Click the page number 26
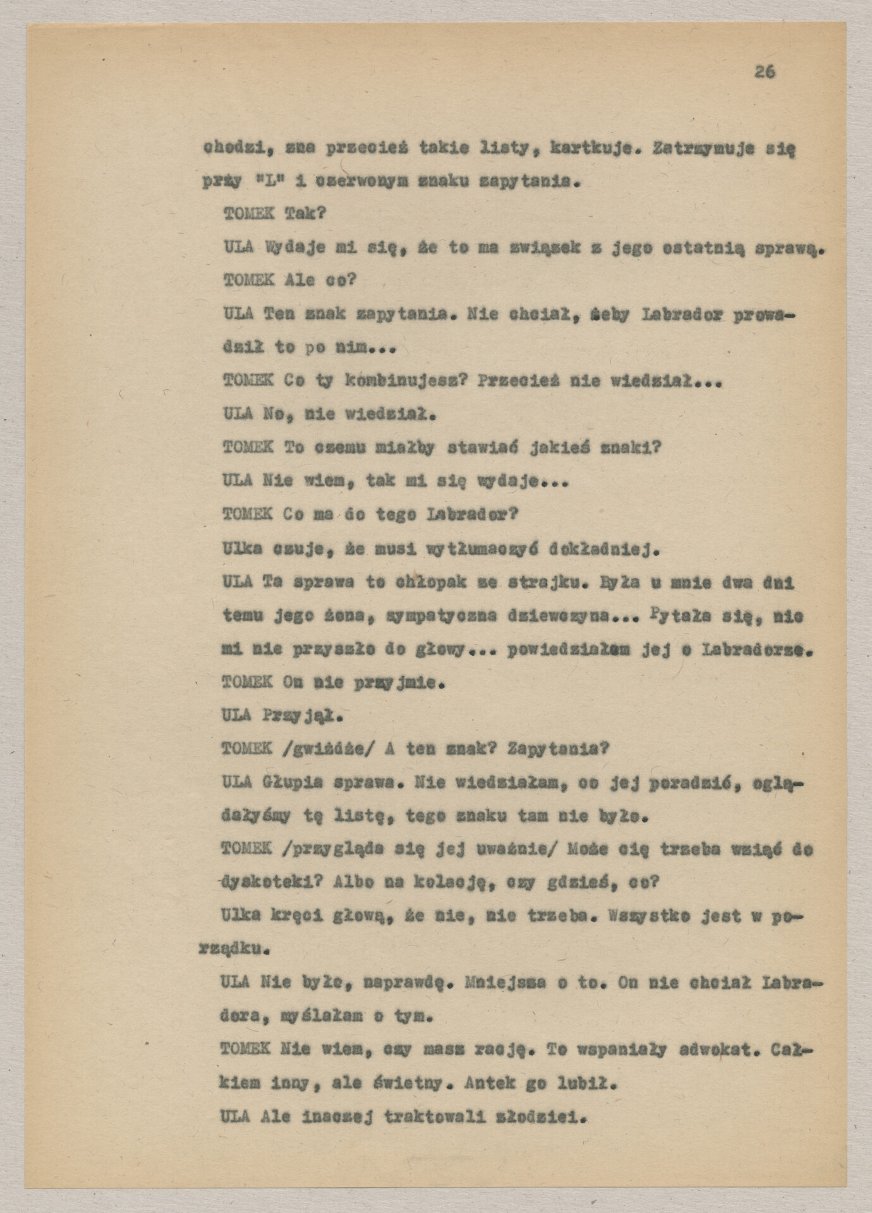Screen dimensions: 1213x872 tap(765, 72)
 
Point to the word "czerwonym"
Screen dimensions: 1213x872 tap(356, 183)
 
